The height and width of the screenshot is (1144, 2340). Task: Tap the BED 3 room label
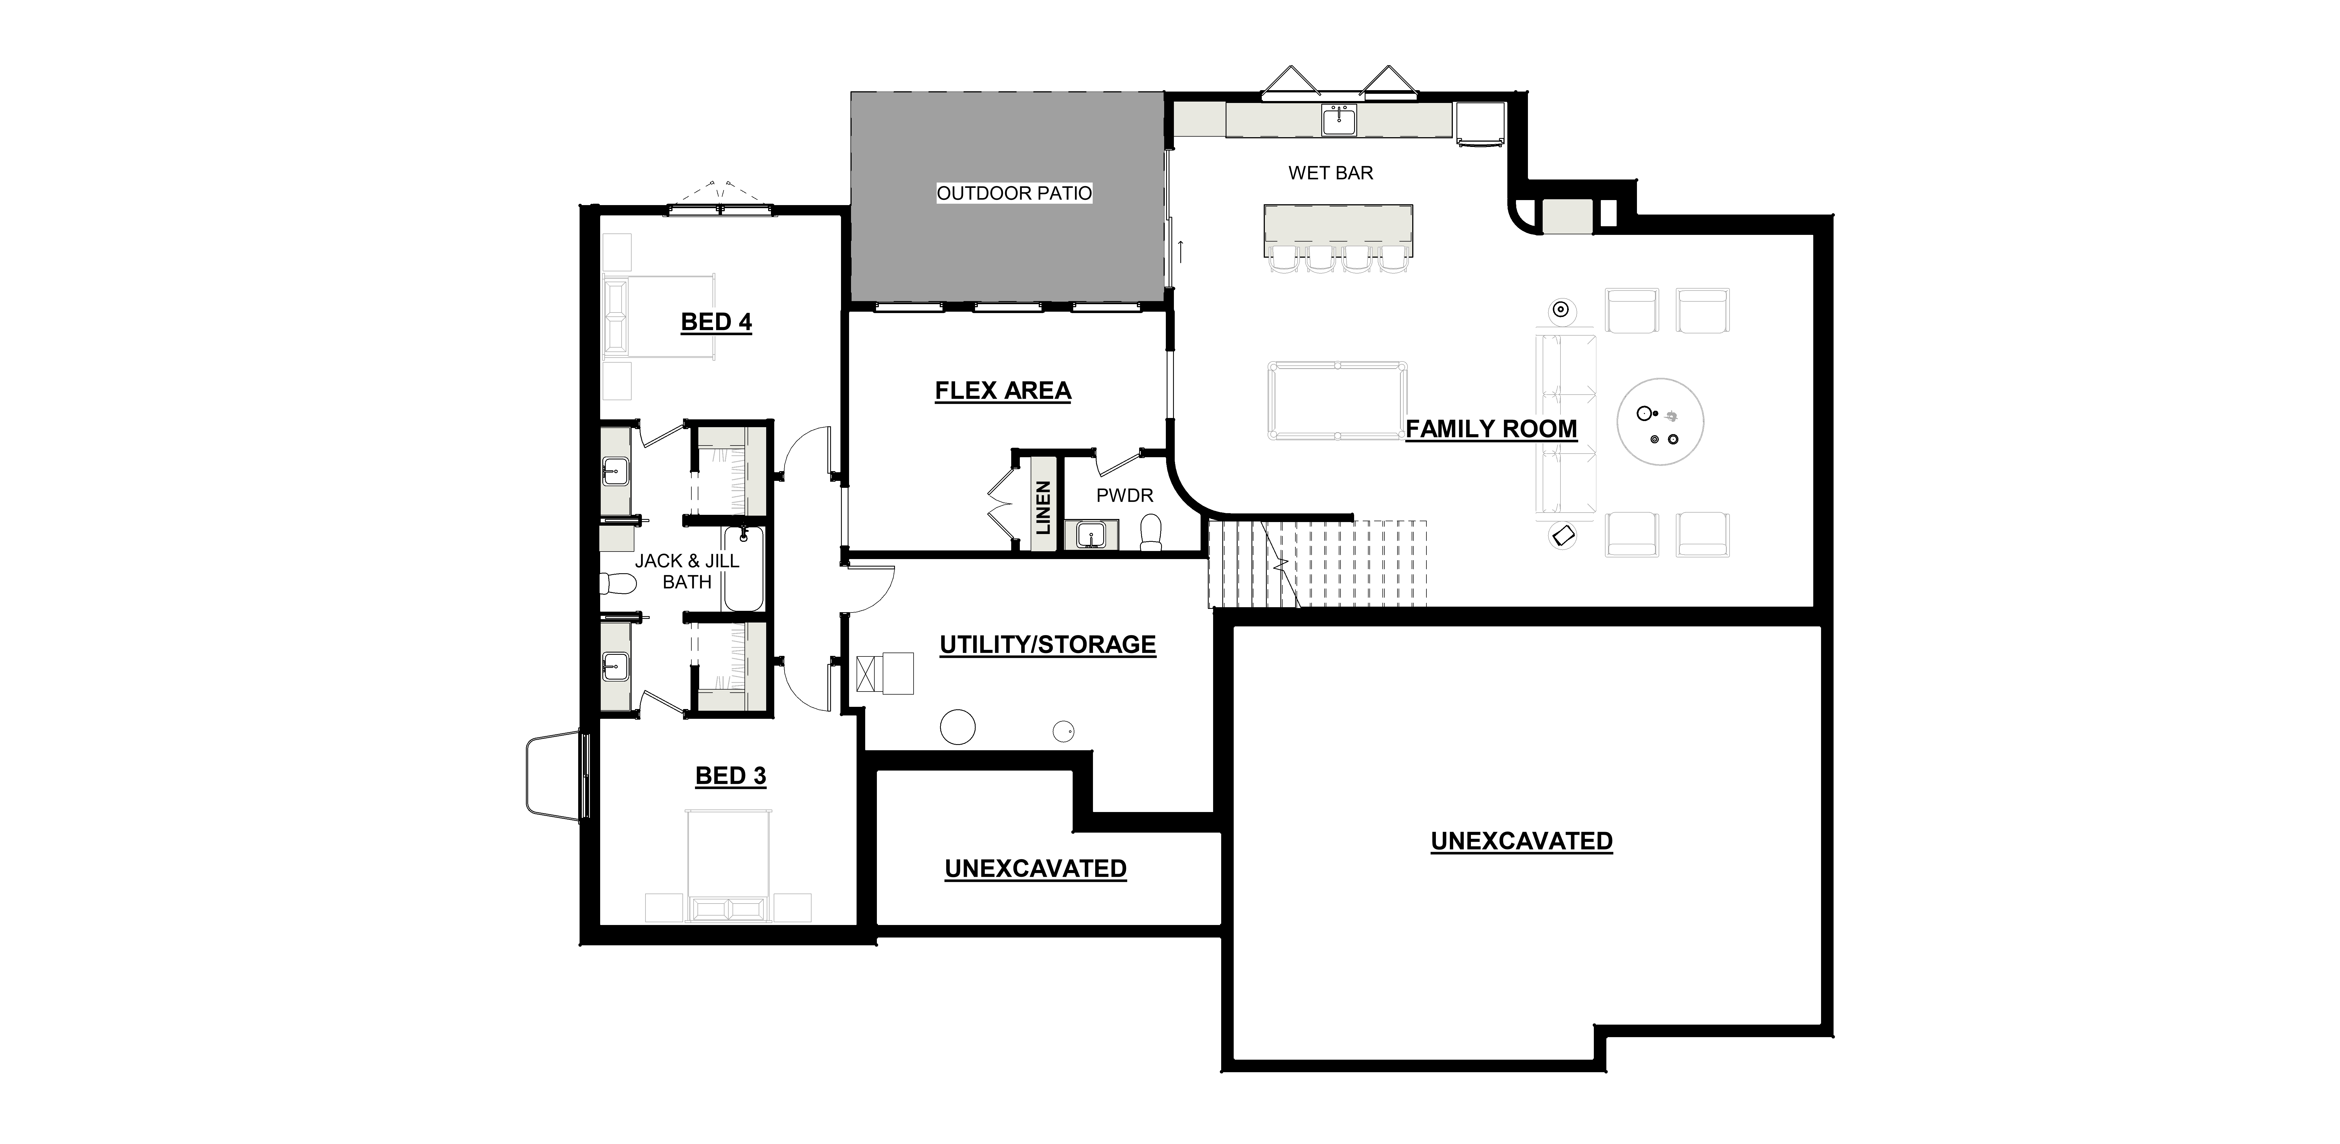tap(731, 776)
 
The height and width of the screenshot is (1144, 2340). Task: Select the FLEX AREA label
tap(1003, 391)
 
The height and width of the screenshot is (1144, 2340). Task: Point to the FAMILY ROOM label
tap(1491, 429)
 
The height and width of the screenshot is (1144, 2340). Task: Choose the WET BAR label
tap(1331, 173)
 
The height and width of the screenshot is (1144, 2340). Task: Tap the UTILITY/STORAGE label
tap(1047, 644)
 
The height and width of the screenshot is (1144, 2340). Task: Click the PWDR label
tap(1125, 495)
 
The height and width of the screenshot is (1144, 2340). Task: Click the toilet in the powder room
tap(1151, 532)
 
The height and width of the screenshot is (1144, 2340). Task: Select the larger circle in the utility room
tap(958, 727)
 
